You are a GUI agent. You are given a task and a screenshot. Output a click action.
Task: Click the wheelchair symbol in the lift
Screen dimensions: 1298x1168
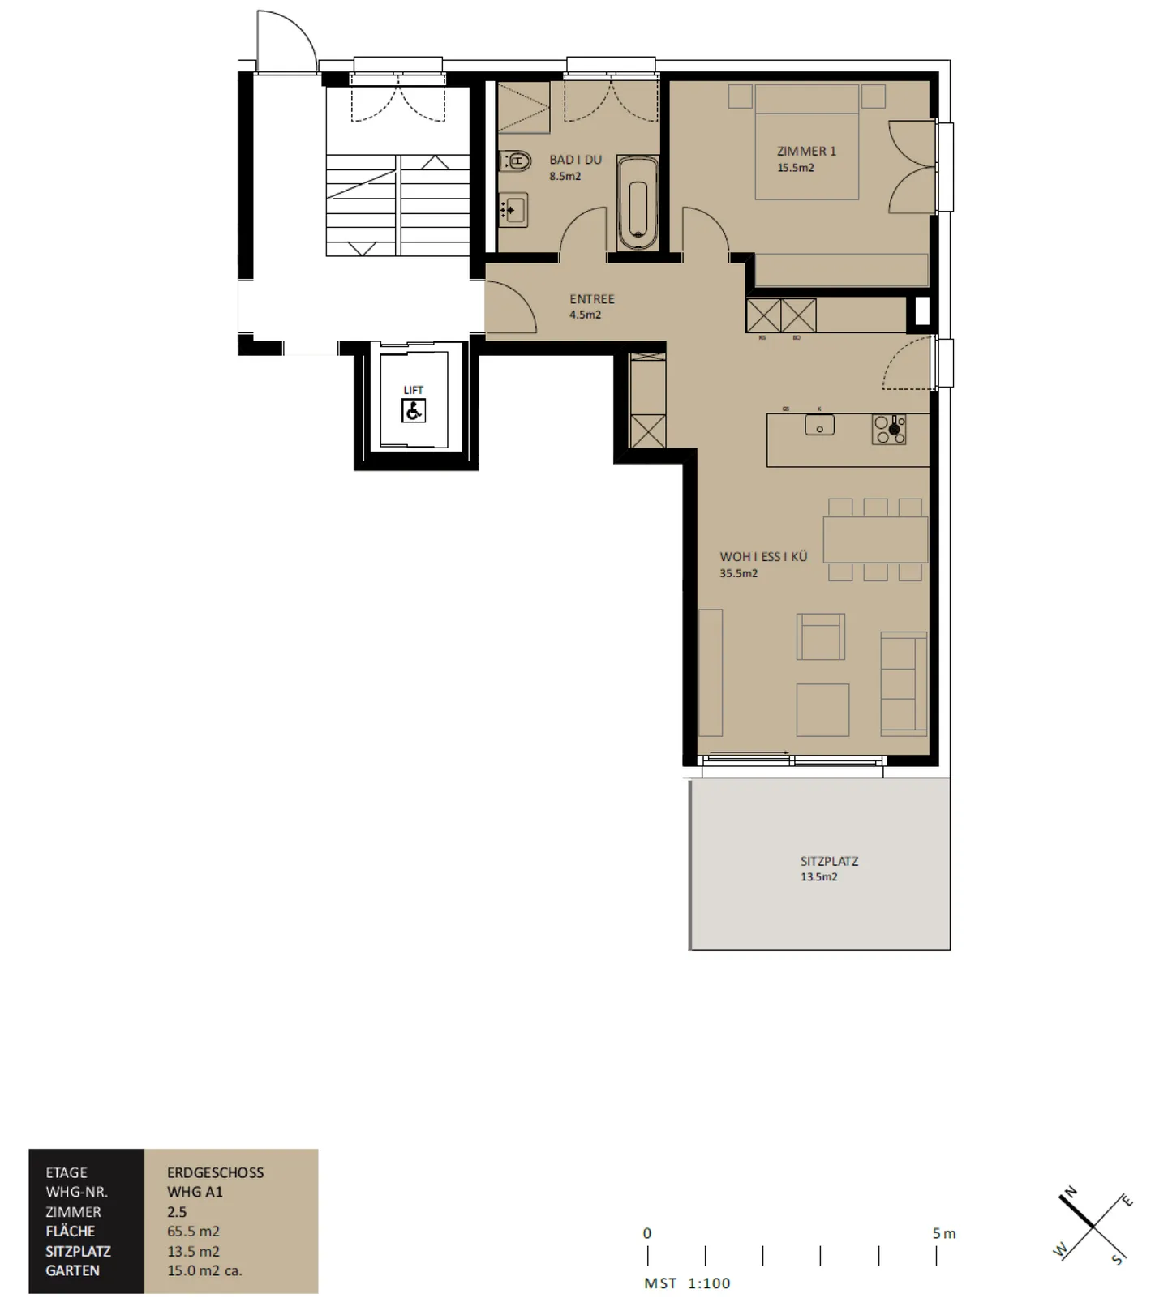pyautogui.click(x=414, y=411)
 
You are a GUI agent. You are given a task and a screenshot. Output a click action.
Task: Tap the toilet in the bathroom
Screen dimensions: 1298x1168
pyautogui.click(x=515, y=161)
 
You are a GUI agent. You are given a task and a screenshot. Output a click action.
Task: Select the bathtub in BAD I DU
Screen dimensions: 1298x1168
pyautogui.click(x=638, y=203)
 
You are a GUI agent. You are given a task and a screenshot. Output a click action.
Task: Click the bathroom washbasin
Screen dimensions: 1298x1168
pyautogui.click(x=513, y=211)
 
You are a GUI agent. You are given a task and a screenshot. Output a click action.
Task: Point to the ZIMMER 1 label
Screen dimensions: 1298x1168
pyautogui.click(x=805, y=151)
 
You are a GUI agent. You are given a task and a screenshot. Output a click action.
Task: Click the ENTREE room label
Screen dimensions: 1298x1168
pyautogui.click(x=591, y=299)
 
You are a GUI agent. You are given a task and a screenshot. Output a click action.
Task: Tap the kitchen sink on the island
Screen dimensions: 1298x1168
pyautogui.click(x=819, y=424)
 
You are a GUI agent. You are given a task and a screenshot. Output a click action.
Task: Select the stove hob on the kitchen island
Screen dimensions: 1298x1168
pyautogui.click(x=889, y=430)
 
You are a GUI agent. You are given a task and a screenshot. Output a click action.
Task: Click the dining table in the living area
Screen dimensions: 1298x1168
pyautogui.click(x=874, y=539)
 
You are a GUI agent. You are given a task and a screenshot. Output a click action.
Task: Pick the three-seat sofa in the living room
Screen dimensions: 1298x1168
pyautogui.click(x=904, y=683)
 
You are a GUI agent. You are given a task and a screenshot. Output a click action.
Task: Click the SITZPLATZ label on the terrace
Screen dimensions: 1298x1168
pyautogui.click(x=828, y=861)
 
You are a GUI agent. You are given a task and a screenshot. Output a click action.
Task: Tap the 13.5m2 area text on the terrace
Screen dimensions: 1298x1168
pyautogui.click(x=818, y=876)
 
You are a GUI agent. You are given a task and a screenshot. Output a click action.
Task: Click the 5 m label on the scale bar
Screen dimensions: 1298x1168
pyautogui.click(x=943, y=1233)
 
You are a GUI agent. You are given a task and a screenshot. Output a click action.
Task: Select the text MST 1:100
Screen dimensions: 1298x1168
pyautogui.click(x=687, y=1283)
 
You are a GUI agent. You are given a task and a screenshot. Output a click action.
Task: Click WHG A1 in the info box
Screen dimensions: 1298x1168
pyautogui.click(x=195, y=1192)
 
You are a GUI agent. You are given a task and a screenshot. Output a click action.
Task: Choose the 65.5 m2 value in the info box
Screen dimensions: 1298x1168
pyautogui.click(x=193, y=1231)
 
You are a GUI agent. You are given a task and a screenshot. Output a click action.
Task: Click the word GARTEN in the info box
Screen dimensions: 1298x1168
pyautogui.click(x=72, y=1270)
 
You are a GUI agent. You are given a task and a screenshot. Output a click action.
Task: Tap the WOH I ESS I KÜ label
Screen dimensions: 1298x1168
pyautogui.click(x=763, y=556)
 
